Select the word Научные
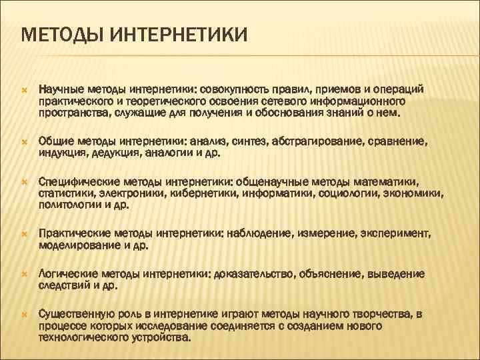61,89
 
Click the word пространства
71,113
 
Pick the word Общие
55,141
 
